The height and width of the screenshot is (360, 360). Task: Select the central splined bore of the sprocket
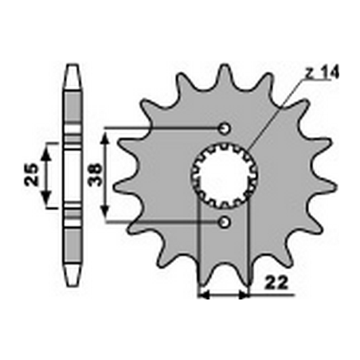(223, 174)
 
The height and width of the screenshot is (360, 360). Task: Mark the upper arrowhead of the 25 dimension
(48, 147)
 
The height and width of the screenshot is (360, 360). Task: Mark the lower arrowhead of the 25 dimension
(48, 202)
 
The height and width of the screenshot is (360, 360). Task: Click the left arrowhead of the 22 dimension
(201, 295)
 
